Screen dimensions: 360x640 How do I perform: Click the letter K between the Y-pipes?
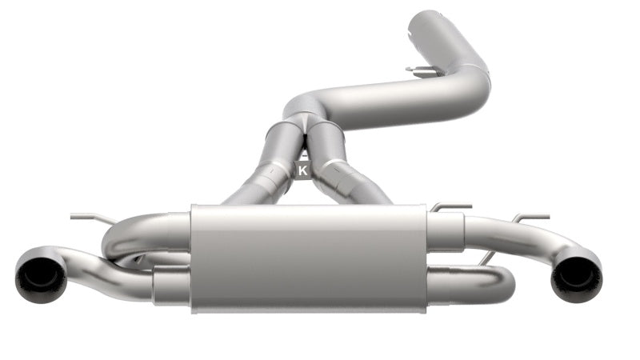303,170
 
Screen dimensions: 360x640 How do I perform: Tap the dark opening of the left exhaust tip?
40,276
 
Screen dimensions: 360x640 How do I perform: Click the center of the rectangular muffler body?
308,257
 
